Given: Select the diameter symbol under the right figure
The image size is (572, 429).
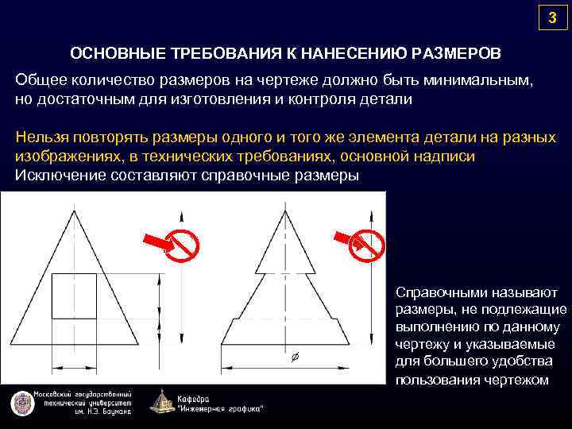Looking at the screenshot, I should (295, 358).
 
